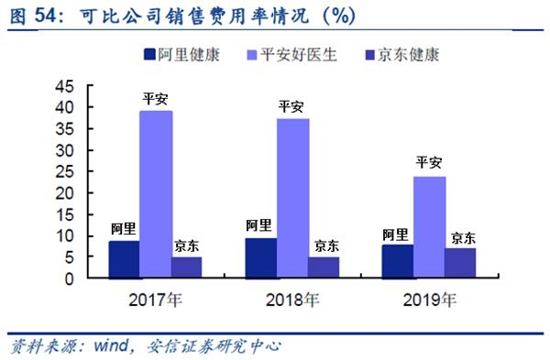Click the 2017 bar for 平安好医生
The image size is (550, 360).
(156, 194)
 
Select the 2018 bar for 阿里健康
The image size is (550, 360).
(261, 258)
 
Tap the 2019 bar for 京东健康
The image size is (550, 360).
(460, 263)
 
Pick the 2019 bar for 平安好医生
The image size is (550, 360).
(429, 227)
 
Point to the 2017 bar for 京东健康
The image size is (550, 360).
(187, 267)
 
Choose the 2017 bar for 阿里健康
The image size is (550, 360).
(124, 259)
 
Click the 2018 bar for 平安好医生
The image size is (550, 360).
(293, 198)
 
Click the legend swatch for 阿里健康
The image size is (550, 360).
(149, 55)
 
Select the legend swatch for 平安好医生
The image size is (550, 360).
(252, 55)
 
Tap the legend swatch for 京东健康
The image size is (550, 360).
(369, 55)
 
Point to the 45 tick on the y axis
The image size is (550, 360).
(90, 85)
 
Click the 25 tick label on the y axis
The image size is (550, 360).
(65, 172)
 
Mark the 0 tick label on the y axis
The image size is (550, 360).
(69, 279)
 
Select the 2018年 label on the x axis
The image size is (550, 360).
(293, 300)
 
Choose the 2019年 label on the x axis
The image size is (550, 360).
(430, 300)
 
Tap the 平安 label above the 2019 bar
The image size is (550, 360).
(429, 163)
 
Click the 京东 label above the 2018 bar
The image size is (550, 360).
(327, 245)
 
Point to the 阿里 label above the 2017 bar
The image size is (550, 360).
(124, 228)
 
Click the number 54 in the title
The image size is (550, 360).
(45, 16)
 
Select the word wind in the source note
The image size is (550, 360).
(111, 345)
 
